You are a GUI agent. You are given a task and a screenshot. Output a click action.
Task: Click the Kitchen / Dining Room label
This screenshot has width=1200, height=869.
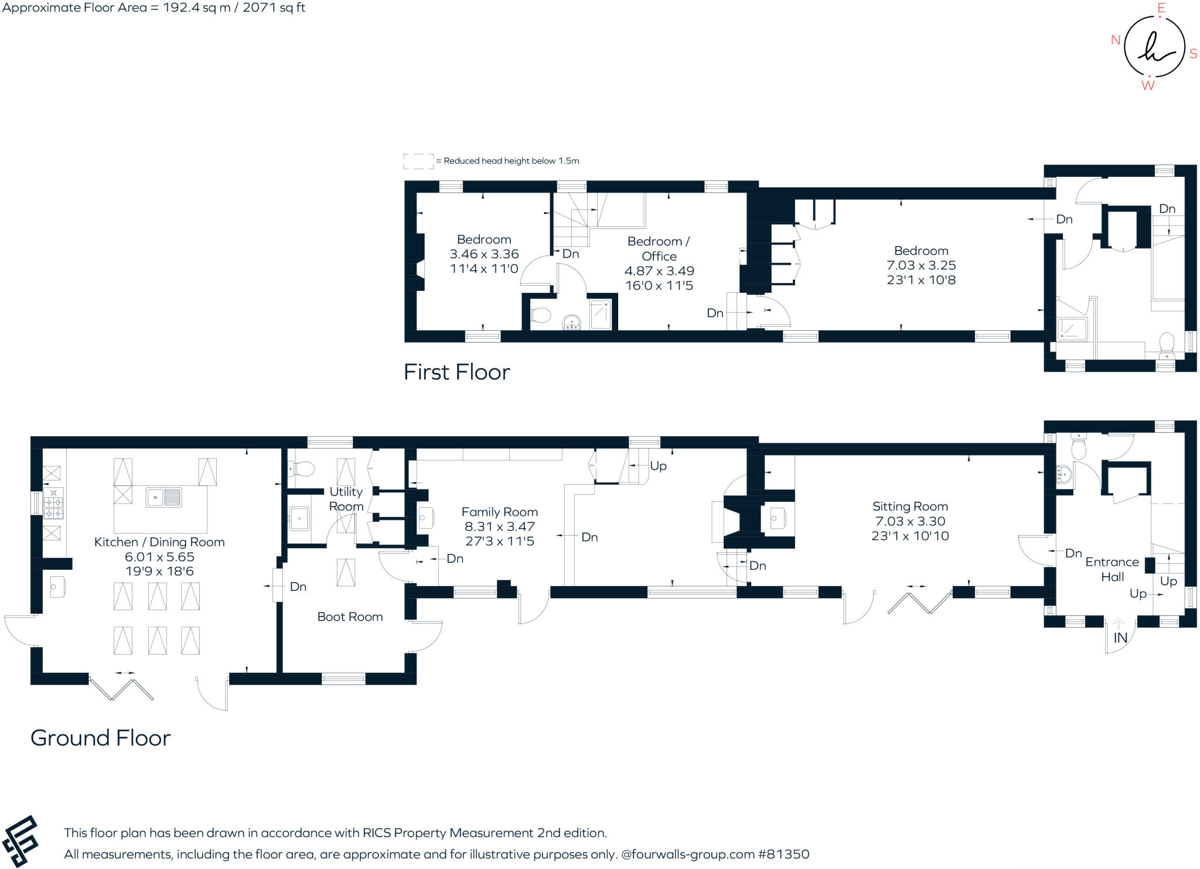tap(159, 542)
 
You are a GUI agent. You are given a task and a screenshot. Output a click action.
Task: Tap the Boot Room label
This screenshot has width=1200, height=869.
tap(350, 617)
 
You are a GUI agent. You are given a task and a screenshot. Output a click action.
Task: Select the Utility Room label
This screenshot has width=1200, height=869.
tap(346, 499)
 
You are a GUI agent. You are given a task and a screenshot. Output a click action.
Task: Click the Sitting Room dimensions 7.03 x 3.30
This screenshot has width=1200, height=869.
tap(910, 521)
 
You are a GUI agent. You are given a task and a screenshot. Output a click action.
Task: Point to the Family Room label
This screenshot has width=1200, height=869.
tap(499, 512)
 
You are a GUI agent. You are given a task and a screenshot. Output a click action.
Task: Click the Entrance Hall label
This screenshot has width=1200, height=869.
tap(1112, 569)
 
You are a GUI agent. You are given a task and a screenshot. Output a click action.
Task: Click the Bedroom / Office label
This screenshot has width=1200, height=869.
tap(659, 248)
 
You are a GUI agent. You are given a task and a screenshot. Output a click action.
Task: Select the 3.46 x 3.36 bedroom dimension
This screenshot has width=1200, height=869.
tap(484, 254)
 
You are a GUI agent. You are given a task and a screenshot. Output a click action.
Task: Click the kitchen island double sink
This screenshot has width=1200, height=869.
tap(163, 498)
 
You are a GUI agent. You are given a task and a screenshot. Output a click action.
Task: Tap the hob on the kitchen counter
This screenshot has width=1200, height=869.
tap(53, 504)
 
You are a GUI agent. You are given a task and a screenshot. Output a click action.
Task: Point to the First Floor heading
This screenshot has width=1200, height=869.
tap(456, 372)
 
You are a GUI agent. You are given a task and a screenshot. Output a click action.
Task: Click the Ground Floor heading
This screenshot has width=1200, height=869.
tap(100, 738)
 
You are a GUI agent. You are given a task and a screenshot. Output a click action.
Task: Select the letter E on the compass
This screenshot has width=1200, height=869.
tap(1161, 8)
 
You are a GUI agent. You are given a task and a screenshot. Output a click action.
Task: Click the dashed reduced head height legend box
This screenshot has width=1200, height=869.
tap(418, 161)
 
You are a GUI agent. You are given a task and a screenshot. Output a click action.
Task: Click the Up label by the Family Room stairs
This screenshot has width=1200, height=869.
tap(658, 466)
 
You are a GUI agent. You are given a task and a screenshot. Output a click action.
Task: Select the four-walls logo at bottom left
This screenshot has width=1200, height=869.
tap(21, 841)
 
